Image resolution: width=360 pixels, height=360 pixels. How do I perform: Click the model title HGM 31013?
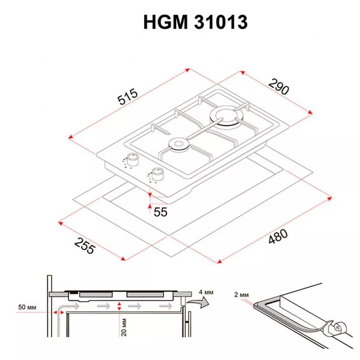pos(195,22)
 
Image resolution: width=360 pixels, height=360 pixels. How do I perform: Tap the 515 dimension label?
pos(128,96)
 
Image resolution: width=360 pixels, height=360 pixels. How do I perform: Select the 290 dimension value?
pos(279,86)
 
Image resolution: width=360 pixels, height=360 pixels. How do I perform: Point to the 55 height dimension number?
pos(160,212)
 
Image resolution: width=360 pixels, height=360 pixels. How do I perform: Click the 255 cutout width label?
pos(84,246)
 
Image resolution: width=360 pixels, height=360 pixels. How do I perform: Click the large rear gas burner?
pos(224,118)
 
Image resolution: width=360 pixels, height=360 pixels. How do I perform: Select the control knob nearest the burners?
pos(133,159)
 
